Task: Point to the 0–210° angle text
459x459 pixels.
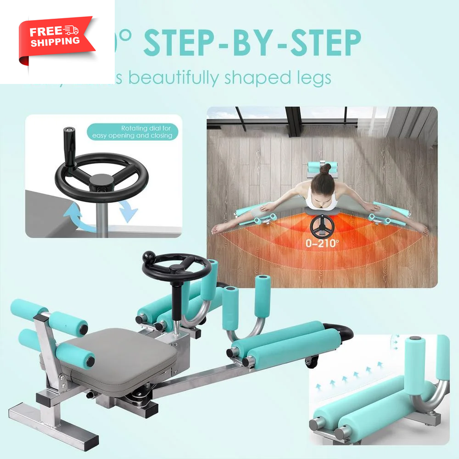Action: tap(322, 243)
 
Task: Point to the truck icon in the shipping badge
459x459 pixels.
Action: tap(72, 30)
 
